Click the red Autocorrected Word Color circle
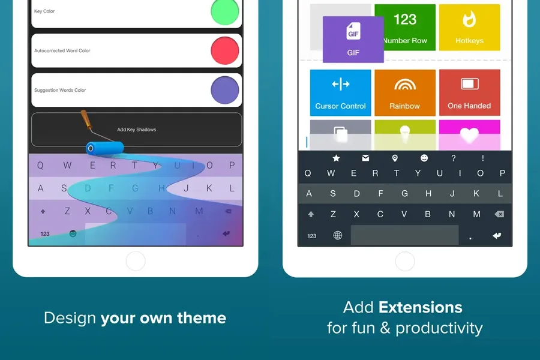tap(225, 50)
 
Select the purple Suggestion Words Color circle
tap(225, 90)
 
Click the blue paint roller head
tap(104, 148)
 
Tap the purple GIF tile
tap(353, 39)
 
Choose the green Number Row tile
tap(405, 28)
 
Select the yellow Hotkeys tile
tap(469, 28)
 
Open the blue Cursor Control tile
tap(340, 92)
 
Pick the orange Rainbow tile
tap(405, 92)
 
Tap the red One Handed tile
tap(469, 92)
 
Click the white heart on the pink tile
tap(469, 135)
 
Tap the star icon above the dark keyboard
tap(336, 158)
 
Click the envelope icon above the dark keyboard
tap(365, 158)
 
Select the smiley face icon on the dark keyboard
tap(424, 158)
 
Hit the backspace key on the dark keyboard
tap(499, 214)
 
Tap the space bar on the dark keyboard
tap(404, 235)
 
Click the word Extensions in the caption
tap(420, 307)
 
